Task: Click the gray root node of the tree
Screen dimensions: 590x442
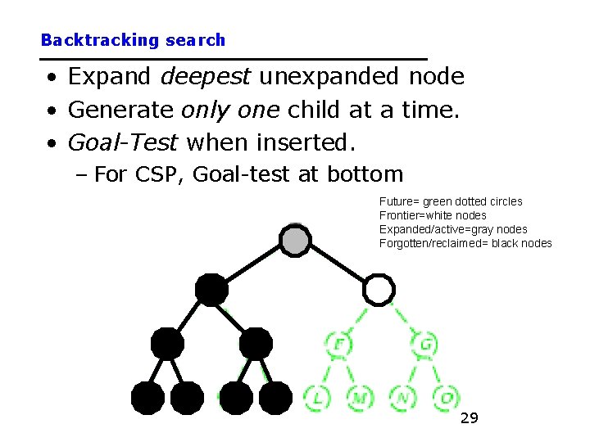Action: (x=295, y=239)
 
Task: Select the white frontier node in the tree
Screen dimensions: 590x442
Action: (x=379, y=289)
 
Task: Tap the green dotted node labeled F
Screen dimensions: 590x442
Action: (x=338, y=344)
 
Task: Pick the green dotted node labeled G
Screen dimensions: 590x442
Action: (x=426, y=344)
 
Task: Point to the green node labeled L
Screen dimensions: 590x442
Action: (x=317, y=398)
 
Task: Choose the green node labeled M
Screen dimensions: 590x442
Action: (x=359, y=398)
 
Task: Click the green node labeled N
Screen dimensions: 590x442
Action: (x=403, y=398)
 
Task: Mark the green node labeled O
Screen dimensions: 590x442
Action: (x=447, y=398)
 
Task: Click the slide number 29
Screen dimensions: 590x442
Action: (x=469, y=419)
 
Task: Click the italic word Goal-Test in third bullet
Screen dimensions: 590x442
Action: (x=123, y=142)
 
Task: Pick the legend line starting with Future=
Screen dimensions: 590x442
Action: (x=451, y=201)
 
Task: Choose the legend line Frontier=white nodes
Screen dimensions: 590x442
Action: (x=433, y=215)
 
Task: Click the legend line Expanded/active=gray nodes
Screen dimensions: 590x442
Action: (x=453, y=229)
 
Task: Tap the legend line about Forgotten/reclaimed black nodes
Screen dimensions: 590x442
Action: (x=465, y=243)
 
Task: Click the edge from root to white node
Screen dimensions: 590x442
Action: (x=338, y=264)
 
